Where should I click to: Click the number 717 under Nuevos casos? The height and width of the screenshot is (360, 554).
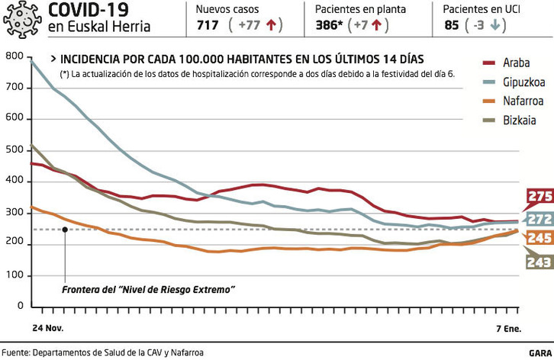point(208,24)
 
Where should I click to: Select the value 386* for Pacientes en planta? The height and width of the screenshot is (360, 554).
point(330,24)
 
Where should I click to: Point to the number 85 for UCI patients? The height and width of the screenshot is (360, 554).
point(452,24)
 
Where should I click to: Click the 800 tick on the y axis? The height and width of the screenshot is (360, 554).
point(14,57)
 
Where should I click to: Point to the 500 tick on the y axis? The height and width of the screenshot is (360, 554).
point(14,150)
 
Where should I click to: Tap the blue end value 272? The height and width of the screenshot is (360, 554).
point(539,219)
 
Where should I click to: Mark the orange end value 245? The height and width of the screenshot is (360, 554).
point(539,239)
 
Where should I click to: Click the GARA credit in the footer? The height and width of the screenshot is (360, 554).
point(538,352)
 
